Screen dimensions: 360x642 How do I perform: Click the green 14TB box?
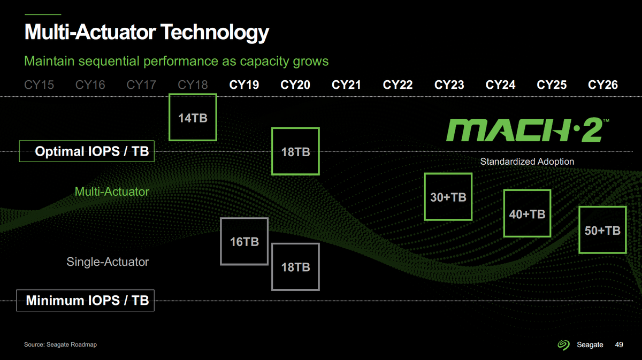tap(193, 117)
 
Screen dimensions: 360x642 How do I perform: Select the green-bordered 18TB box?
tap(295, 151)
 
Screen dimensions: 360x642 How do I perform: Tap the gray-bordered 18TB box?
tap(295, 267)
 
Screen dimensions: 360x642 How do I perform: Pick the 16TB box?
tap(244, 241)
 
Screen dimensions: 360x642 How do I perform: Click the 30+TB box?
tap(448, 197)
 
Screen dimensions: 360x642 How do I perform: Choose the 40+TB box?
tap(527, 213)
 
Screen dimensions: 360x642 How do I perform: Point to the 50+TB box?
tap(602, 230)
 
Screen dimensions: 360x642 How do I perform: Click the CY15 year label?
tap(39, 85)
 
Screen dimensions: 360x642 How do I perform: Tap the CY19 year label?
tap(244, 85)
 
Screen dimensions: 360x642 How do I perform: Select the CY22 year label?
tap(398, 85)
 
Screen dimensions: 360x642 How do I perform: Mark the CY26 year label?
tap(602, 85)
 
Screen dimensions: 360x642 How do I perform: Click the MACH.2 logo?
tap(526, 130)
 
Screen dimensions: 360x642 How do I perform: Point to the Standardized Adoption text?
tap(527, 162)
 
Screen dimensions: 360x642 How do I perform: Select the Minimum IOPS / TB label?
tap(87, 300)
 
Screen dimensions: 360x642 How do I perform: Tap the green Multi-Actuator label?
tap(112, 192)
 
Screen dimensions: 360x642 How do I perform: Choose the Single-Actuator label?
tap(108, 262)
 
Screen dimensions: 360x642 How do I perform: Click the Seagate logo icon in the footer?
tap(564, 345)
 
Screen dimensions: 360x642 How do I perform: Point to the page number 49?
tap(619, 345)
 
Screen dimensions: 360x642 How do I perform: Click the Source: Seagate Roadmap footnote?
tap(60, 345)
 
